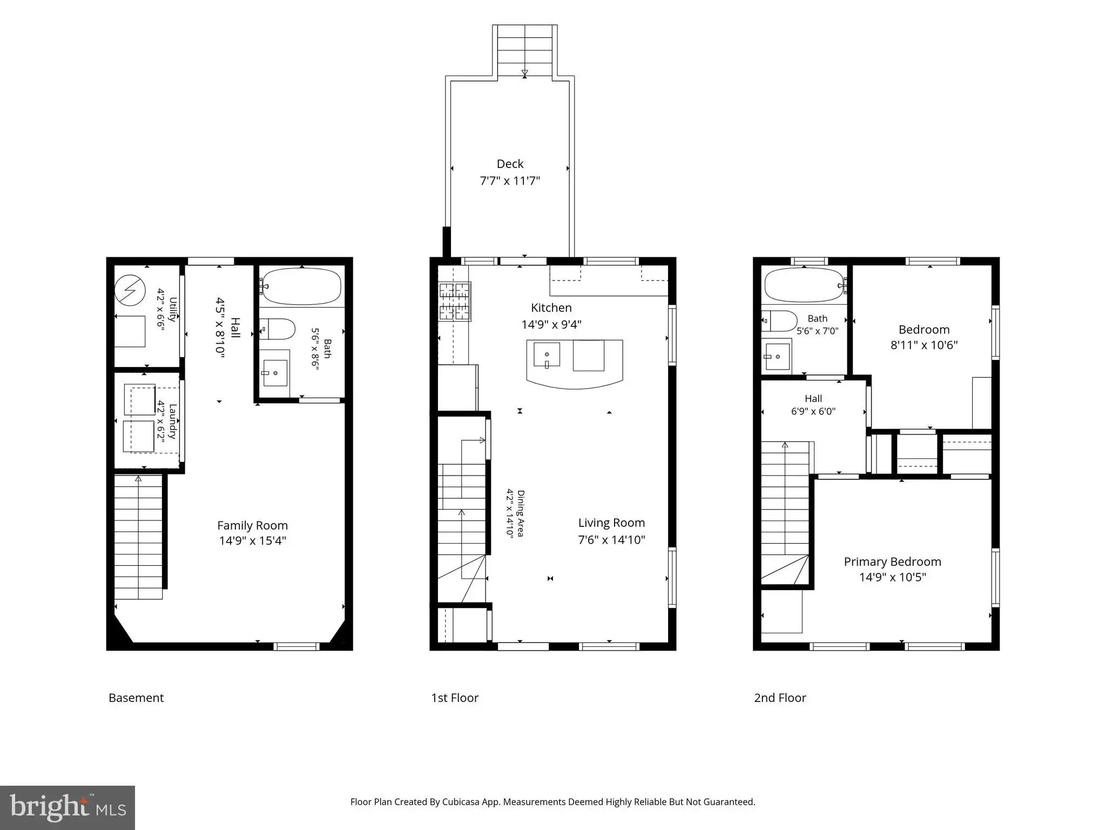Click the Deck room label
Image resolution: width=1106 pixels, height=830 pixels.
click(x=510, y=164)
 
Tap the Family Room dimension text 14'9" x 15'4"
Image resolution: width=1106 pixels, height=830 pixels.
click(x=252, y=540)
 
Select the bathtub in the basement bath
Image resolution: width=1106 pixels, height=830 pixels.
click(x=301, y=286)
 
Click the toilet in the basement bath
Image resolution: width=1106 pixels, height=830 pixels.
click(x=278, y=329)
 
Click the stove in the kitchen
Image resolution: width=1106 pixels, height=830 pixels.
click(x=455, y=302)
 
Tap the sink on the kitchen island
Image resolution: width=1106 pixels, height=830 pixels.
click(x=547, y=355)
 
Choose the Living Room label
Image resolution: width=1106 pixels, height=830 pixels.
click(x=611, y=523)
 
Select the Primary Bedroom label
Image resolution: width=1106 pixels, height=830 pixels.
click(x=892, y=561)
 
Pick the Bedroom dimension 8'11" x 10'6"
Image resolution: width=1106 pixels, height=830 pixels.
click(x=924, y=345)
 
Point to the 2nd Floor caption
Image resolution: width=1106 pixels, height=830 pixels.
click(x=780, y=698)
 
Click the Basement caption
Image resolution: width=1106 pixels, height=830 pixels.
click(x=136, y=698)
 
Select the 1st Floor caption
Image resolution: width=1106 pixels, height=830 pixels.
click(x=455, y=698)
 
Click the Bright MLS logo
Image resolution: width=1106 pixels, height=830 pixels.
click(x=68, y=807)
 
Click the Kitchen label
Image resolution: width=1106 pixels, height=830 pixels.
click(x=551, y=307)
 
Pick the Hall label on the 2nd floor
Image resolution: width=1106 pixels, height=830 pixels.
click(x=813, y=398)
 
